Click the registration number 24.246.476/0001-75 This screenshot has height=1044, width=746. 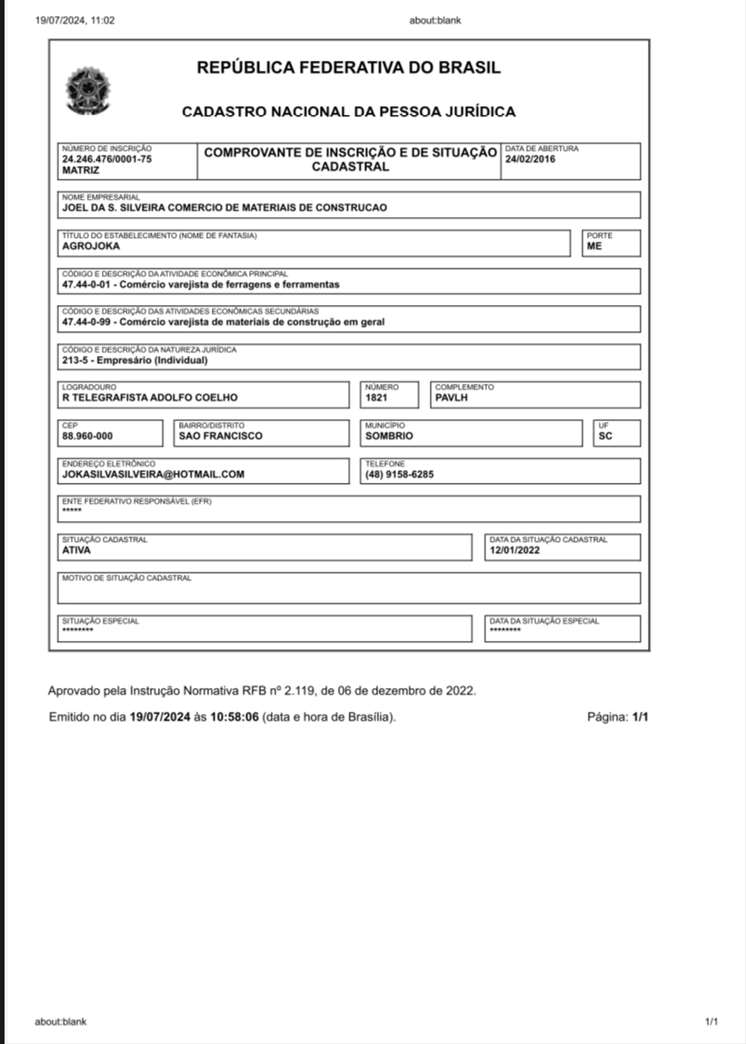(106, 159)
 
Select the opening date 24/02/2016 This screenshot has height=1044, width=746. (531, 160)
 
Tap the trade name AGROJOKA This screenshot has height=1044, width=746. (91, 246)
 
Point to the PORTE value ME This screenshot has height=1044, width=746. (594, 246)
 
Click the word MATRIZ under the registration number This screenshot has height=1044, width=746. (81, 170)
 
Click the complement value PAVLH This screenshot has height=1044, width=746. (452, 398)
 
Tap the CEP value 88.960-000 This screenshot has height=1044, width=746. (87, 436)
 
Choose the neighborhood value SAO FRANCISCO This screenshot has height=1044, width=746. (221, 436)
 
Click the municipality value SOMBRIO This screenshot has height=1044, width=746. (389, 436)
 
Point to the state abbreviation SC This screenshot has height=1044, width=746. (605, 436)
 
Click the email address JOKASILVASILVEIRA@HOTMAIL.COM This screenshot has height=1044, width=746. (153, 474)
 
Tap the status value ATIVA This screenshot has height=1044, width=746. (76, 549)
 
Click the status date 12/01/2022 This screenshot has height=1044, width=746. (514, 549)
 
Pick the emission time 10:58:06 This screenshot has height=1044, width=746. (234, 717)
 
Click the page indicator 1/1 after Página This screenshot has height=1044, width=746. (641, 717)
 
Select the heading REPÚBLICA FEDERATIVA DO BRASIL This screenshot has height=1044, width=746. (349, 68)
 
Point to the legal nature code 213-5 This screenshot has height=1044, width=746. (76, 359)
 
